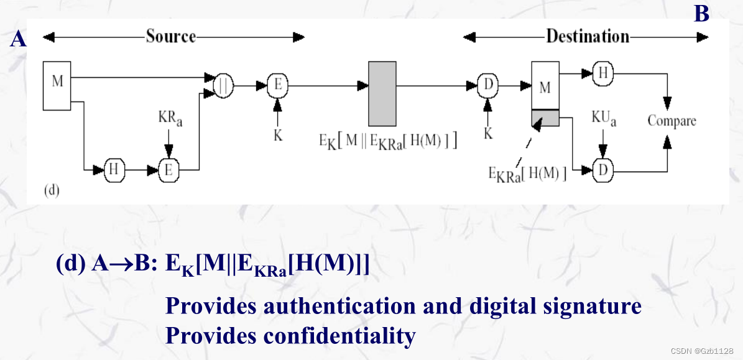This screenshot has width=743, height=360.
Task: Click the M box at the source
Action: point(58,85)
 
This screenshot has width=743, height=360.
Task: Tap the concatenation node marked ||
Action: point(223,86)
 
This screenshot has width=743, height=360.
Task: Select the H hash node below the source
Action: point(113,170)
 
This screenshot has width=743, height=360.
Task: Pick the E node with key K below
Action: point(277,86)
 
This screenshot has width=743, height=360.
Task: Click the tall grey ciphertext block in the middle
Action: point(382,93)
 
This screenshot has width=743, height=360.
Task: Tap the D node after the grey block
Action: point(487,86)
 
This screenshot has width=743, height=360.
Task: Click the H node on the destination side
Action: point(602,73)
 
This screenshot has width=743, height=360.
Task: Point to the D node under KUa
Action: point(601,170)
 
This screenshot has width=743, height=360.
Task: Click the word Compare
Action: point(671,121)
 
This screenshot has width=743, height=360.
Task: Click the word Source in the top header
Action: point(171,36)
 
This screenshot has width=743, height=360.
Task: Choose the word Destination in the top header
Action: point(588,36)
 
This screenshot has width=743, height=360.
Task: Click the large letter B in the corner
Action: point(701,13)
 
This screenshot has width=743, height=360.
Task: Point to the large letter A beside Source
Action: point(19,40)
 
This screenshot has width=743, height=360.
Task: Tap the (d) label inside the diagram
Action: point(51,190)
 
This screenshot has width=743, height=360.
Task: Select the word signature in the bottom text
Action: point(586,306)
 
